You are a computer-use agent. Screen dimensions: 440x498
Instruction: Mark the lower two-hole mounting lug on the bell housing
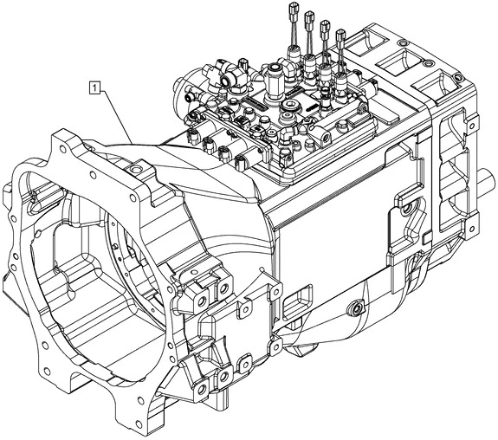tap(215, 376)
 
